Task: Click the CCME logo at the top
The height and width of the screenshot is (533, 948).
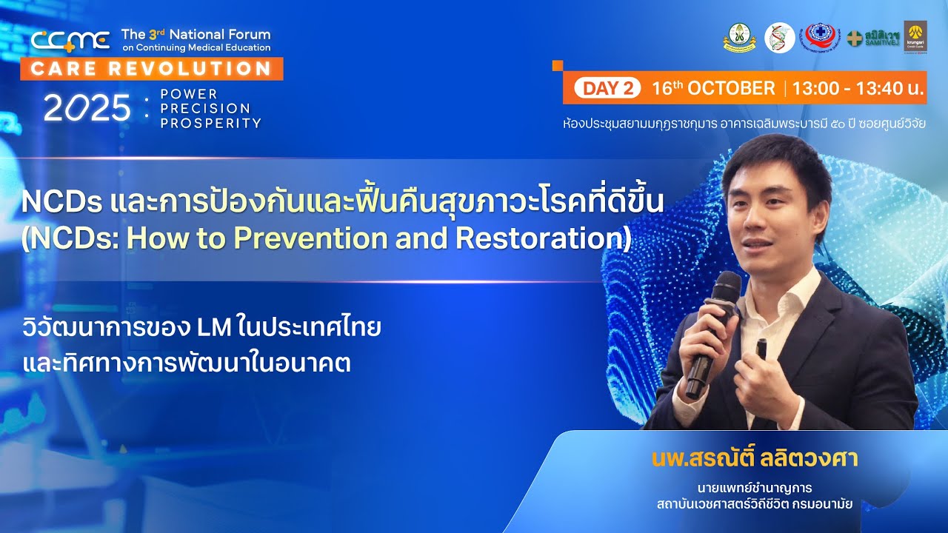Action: point(70,40)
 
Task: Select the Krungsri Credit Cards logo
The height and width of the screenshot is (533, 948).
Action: point(915,36)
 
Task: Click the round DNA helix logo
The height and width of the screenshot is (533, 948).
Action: point(779,37)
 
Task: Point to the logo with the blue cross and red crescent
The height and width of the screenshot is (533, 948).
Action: point(820,36)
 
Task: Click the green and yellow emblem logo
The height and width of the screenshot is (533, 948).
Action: point(739,37)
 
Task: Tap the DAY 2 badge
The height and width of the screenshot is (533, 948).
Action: point(607,88)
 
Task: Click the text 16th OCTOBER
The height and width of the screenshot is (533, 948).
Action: point(712,88)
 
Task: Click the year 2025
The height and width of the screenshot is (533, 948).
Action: point(87,109)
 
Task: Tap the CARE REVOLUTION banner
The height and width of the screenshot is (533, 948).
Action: point(152,69)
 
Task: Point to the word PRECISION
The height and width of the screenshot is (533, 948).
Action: point(205,109)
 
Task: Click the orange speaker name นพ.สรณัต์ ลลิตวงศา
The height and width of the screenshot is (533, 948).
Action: point(755,459)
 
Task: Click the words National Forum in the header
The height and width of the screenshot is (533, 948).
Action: point(215,34)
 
